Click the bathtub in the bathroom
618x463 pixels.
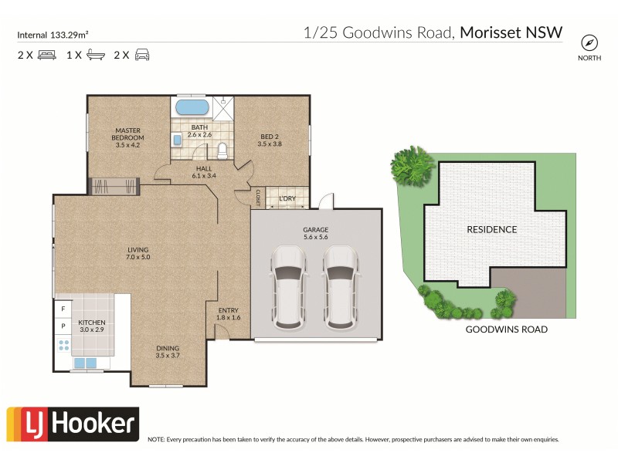192,107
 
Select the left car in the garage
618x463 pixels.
288,286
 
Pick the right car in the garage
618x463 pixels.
341,286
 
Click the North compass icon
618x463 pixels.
589,42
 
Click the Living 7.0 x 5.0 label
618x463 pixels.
138,252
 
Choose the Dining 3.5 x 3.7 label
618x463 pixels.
167,351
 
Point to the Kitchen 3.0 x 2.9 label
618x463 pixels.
92,326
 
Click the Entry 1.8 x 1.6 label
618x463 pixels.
229,313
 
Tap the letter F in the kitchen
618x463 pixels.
63,309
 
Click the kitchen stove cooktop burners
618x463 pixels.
63,345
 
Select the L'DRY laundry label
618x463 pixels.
287,200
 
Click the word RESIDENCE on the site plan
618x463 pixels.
491,229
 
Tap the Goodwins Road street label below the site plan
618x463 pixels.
506,330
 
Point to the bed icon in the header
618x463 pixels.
46,55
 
